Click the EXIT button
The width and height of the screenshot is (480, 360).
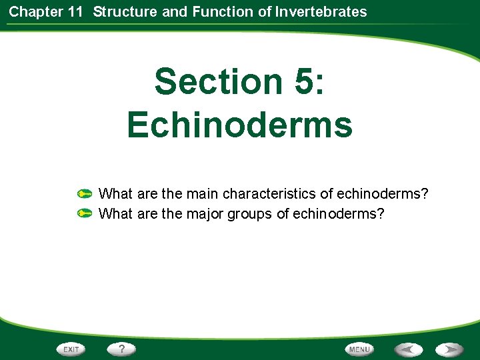[x=71, y=349]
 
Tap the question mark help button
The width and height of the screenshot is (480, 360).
[x=122, y=349]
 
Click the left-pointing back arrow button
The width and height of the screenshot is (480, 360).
[x=407, y=349]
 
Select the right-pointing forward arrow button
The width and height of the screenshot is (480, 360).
[x=450, y=349]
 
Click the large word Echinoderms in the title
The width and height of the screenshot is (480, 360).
[x=239, y=124]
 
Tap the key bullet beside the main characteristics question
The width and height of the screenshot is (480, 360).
[x=84, y=195]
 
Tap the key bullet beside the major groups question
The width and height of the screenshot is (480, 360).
[x=84, y=214]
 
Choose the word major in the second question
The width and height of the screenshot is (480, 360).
[x=205, y=214]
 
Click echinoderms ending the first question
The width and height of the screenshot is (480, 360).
[x=383, y=194]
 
